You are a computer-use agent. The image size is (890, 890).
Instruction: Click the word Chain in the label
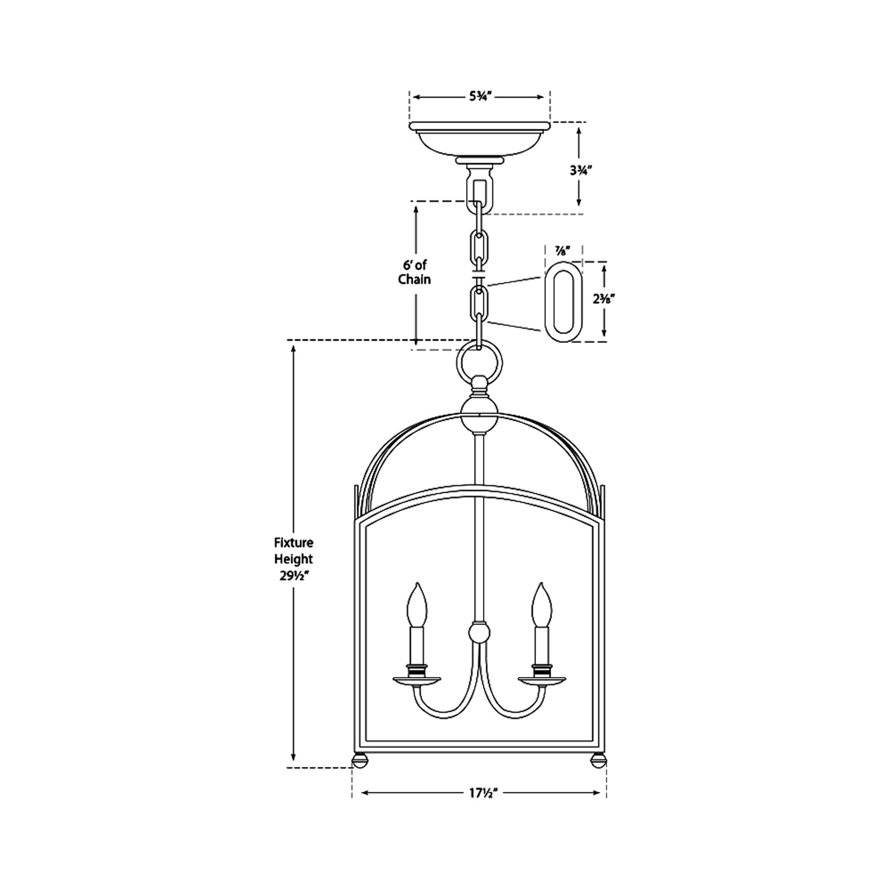(415, 279)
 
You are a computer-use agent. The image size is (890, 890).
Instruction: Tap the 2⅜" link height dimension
(603, 300)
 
